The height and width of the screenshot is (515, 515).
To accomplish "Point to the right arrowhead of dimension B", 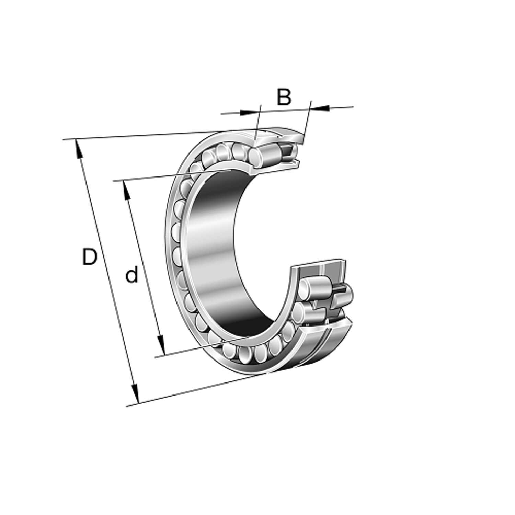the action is coord(320,108).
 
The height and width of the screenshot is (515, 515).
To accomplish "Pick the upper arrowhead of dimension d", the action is coord(127,190).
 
